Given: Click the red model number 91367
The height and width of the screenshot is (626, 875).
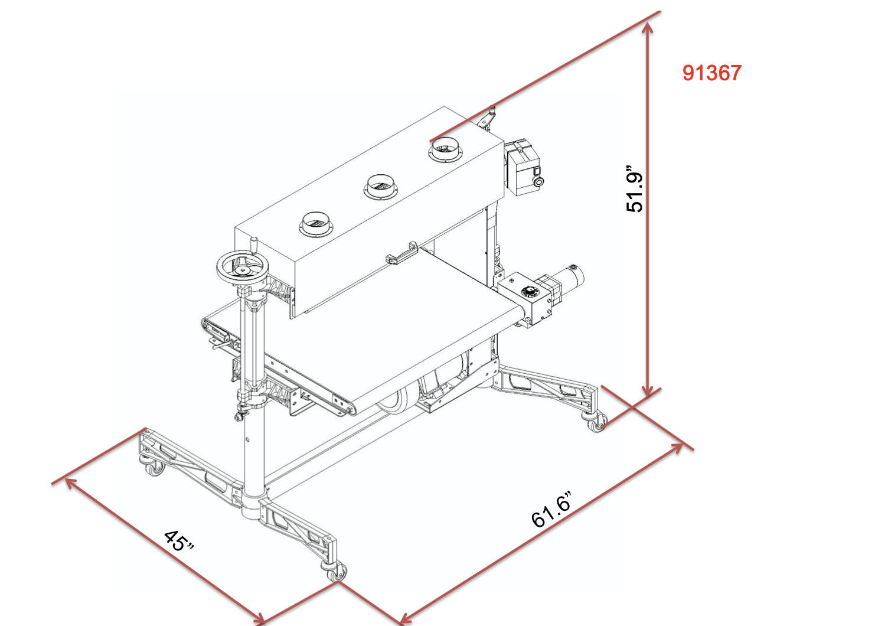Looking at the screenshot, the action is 711,73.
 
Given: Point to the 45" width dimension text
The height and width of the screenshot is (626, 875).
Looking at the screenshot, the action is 178,541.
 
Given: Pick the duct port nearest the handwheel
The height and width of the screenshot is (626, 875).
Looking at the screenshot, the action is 316,224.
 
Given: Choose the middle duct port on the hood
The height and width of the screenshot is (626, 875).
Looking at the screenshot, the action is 381,187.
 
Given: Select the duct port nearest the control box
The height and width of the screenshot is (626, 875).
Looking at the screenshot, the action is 445,149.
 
